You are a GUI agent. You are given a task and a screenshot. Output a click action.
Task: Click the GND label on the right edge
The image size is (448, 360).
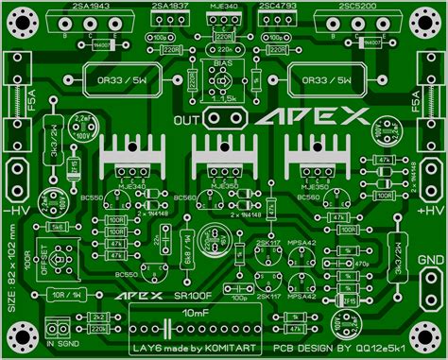tap(432, 261)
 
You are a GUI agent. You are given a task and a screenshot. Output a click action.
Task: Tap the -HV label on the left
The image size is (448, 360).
tap(16, 210)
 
